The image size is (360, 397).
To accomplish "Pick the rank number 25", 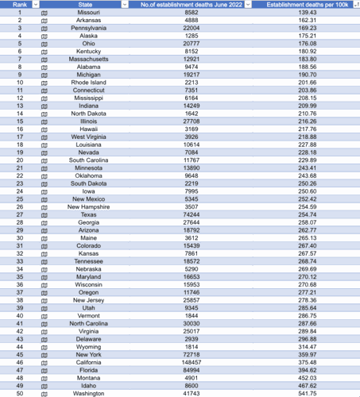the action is (19, 199).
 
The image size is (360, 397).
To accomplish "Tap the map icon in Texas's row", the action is (45, 214).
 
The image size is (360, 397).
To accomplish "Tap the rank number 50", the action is (19, 393).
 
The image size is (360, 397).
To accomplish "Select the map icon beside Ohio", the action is (45, 44).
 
